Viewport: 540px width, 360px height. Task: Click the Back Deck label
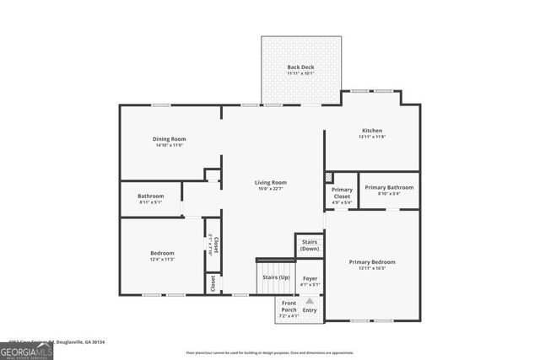click(x=300, y=67)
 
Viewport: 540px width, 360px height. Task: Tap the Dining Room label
click(x=170, y=139)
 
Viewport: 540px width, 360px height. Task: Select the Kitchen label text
click(x=372, y=131)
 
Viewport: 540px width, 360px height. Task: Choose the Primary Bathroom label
click(x=389, y=187)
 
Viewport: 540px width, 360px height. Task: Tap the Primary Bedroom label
click(x=372, y=262)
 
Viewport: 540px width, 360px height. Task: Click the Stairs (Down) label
click(x=310, y=245)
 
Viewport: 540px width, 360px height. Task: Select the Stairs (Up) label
click(x=276, y=277)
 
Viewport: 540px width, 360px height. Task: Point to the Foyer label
click(x=310, y=277)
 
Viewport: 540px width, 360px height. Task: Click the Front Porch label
click(x=289, y=306)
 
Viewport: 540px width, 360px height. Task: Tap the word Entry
click(x=310, y=310)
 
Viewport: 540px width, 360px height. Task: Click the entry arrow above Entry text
click(x=310, y=300)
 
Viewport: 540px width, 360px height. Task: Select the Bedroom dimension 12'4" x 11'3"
click(x=162, y=260)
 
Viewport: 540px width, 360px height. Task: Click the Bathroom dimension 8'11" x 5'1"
click(x=151, y=202)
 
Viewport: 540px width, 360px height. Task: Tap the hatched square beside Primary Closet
click(x=329, y=178)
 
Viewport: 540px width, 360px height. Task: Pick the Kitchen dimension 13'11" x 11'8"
click(x=372, y=137)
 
